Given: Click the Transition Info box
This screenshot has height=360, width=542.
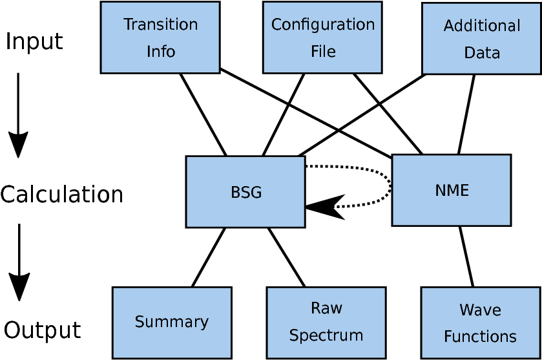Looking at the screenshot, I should click(160, 37).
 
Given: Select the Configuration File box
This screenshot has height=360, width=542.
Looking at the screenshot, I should click(322, 37).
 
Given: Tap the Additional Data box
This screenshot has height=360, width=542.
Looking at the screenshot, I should click(481, 39).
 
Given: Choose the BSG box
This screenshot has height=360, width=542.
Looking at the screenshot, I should click(245, 192).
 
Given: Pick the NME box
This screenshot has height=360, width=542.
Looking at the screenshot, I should click(451, 190).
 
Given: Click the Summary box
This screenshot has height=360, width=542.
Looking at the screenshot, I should click(172, 323).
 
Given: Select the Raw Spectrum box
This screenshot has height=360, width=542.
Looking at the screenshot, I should click(326, 323).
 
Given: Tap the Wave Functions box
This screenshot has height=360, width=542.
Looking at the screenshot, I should click(480, 323).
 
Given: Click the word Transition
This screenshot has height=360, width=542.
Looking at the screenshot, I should click(160, 25).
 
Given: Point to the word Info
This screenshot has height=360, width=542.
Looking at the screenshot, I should click(160, 52).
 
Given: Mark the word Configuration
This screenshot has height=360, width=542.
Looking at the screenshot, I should click(322, 25).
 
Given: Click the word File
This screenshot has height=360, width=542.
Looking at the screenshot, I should click(323, 52).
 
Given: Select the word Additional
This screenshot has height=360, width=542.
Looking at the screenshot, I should click(481, 26).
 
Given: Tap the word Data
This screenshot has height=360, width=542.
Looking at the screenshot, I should click(482, 53).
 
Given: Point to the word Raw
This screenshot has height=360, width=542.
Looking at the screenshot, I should click(326, 308).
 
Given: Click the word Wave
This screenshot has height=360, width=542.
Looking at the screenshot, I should click(480, 310).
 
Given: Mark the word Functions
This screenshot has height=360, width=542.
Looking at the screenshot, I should click(480, 337).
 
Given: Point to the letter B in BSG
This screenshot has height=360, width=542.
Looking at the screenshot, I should click(235, 193).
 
